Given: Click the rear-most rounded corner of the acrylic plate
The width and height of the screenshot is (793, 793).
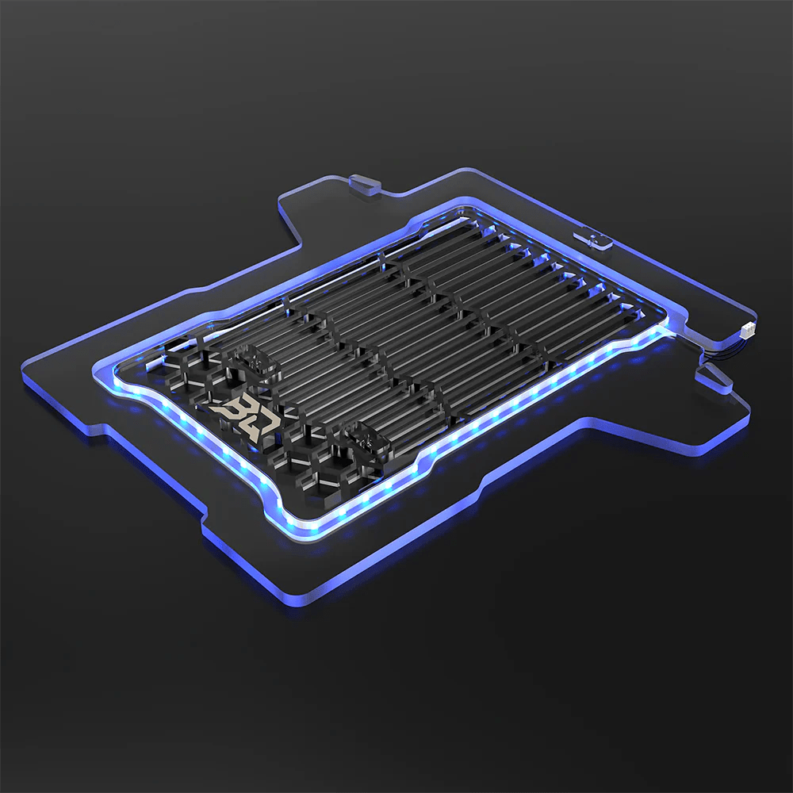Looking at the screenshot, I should (468, 170).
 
